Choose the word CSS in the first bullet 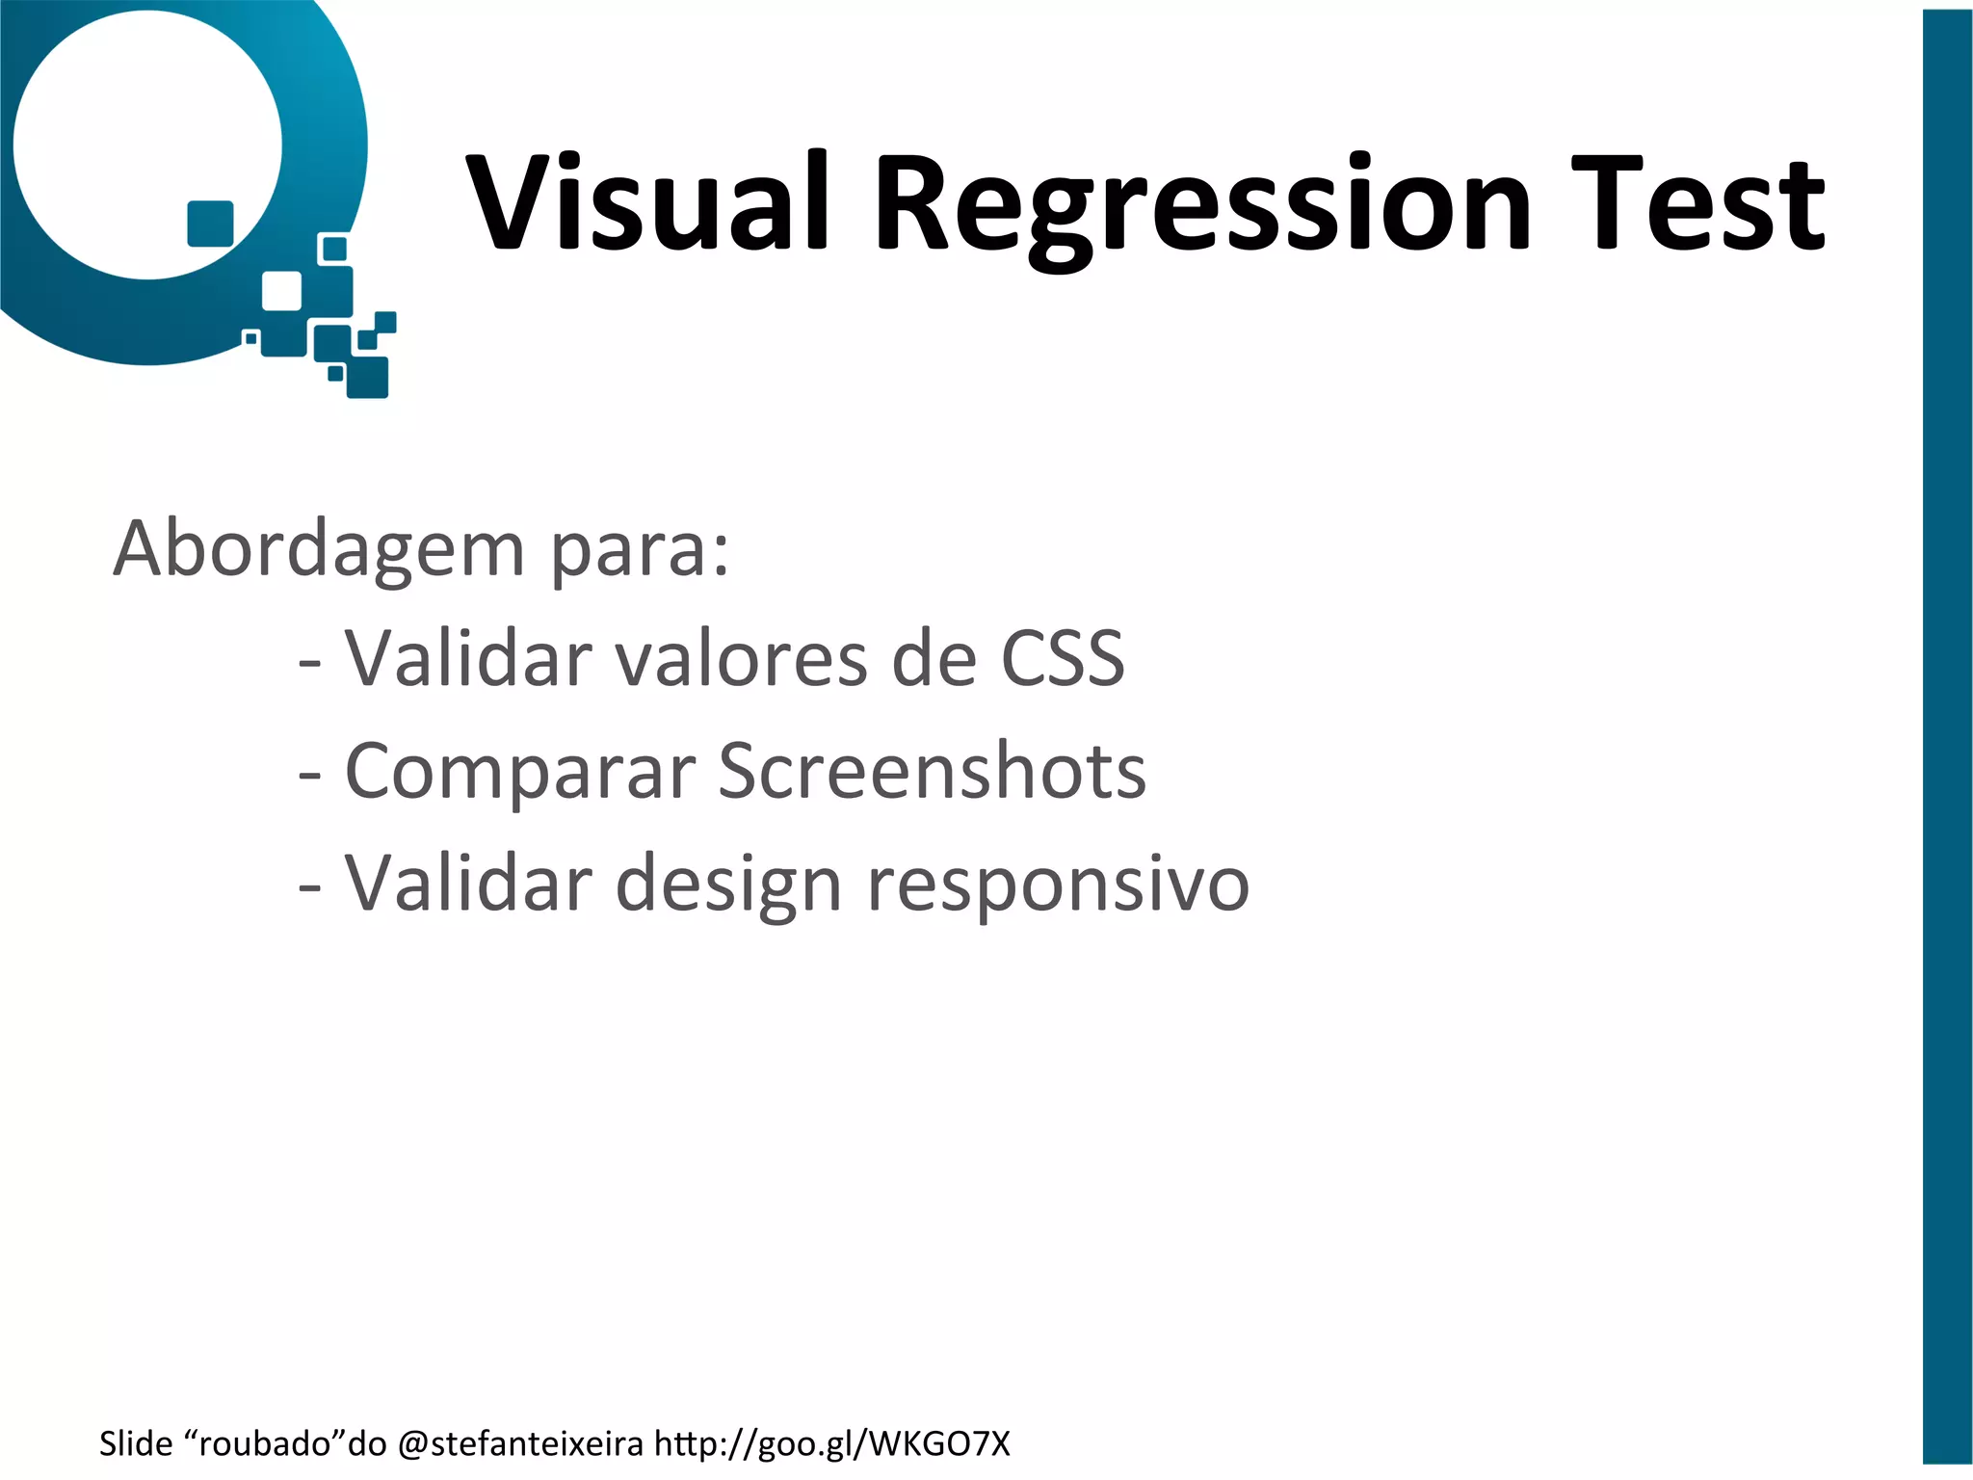tap(1063, 659)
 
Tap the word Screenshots tap(933, 771)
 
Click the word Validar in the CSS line tap(469, 659)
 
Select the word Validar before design tap(469, 884)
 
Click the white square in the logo tap(281, 291)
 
